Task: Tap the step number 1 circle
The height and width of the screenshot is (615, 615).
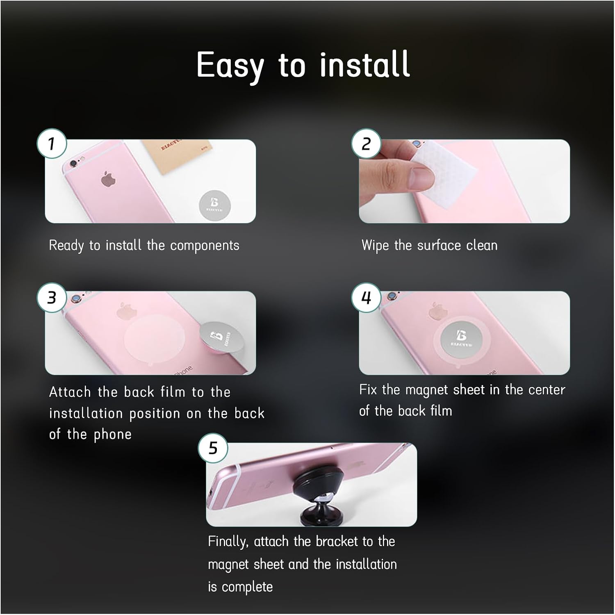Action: tap(52, 143)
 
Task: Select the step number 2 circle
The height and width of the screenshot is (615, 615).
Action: tap(366, 143)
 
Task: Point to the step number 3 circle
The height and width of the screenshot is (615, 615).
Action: tap(52, 297)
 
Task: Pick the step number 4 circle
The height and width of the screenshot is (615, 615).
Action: tap(366, 297)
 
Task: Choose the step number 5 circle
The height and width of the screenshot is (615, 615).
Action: tap(213, 448)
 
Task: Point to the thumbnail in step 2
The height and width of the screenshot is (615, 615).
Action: tap(420, 177)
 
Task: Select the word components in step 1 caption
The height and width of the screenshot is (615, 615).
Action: tap(205, 246)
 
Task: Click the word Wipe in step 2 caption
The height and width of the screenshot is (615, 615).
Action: tap(375, 246)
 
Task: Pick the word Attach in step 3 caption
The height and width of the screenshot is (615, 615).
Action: tap(70, 392)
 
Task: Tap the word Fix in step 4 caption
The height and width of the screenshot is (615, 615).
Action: tap(368, 389)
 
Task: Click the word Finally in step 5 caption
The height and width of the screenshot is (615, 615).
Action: tap(228, 542)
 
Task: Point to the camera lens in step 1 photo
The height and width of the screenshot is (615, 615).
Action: tap(73, 164)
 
